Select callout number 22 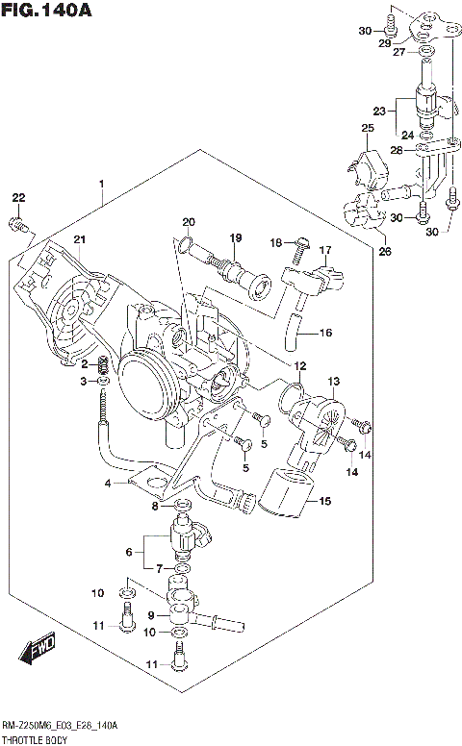[17, 198]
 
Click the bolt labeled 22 [16, 225]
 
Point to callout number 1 [101, 183]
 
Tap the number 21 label [80, 239]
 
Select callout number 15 [324, 501]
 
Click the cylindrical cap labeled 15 [287, 492]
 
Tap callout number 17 [325, 251]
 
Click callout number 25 [367, 128]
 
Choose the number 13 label [333, 382]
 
